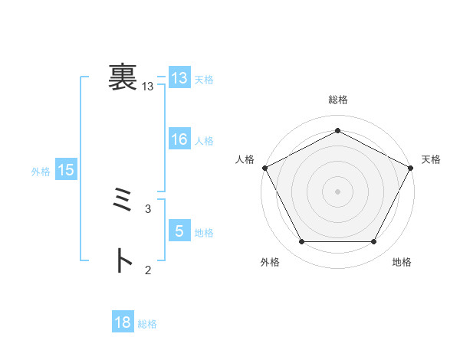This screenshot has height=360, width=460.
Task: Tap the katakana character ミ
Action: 122,202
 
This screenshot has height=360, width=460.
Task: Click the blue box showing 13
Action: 179,78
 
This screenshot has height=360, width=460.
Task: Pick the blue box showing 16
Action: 179,139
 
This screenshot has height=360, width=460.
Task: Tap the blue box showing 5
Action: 179,231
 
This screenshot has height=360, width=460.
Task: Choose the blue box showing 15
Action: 66,171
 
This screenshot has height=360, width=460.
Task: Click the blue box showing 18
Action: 123,322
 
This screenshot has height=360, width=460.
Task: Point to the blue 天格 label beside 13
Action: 204,80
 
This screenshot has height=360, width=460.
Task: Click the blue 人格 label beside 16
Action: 204,141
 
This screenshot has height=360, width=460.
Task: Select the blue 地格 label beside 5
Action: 204,232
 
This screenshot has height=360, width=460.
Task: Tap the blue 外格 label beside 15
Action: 41,172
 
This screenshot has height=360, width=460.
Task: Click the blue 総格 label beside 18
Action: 147,324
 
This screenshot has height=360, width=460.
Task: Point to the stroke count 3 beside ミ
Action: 148,208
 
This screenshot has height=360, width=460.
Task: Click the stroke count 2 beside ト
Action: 148,269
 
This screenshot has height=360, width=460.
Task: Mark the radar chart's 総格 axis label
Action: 338,100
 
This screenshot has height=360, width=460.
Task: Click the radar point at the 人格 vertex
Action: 264,167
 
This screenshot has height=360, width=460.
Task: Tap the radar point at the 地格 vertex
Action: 373,242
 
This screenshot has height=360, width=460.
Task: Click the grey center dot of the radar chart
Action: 338,191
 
